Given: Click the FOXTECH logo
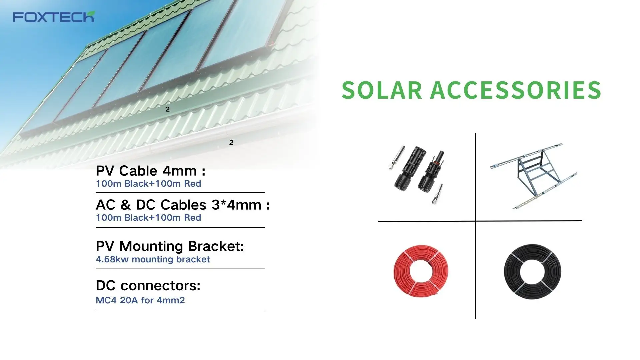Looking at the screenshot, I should coord(54,17).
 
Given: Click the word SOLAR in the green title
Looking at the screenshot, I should coord(382,90).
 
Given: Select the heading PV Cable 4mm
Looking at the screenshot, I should coord(150,171).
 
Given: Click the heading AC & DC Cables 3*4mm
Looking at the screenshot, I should coord(183,205).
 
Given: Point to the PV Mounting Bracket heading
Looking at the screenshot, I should coord(170,246).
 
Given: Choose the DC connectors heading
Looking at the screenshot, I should coord(148,285).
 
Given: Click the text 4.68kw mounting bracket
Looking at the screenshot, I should coord(153,259).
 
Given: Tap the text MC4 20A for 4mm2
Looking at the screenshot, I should coord(140,300).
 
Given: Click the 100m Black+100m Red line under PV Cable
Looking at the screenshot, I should coord(148,184).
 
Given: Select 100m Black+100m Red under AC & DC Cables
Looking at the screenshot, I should coord(148,218).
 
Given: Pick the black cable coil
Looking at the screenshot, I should coord(532,271).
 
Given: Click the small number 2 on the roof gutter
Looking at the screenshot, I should coord(231,143).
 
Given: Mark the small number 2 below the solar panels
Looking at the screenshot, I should coord(168,109).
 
